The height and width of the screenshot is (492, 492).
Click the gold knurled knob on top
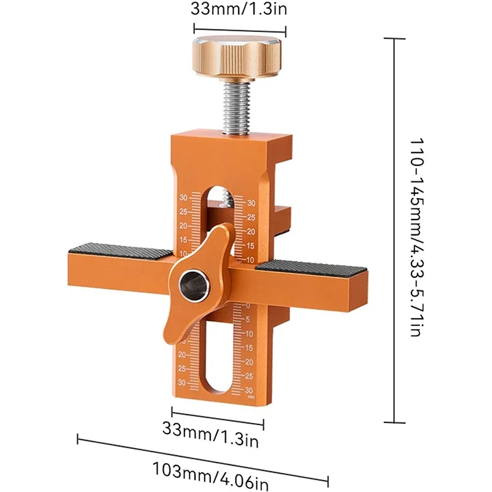pyautogui.click(x=237, y=57)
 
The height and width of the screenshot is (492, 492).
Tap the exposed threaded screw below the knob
pyautogui.click(x=237, y=106)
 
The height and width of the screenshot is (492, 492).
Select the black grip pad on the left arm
pyautogui.click(x=120, y=250)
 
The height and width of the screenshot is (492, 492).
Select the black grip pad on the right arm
pyautogui.click(x=311, y=268)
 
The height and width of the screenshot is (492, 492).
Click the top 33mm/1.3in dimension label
pyautogui.click(x=239, y=9)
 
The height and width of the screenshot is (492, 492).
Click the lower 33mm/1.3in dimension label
pyautogui.click(x=210, y=434)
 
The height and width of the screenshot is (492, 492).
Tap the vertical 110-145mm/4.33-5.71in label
pyautogui.click(x=418, y=237)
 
